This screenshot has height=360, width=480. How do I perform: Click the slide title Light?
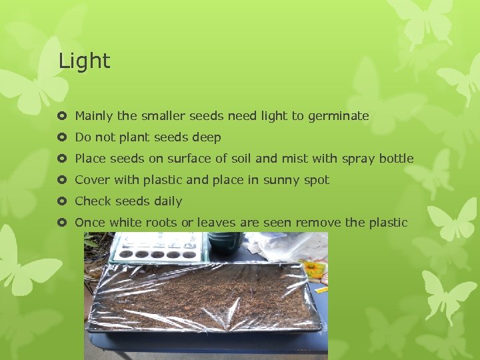(x=84, y=61)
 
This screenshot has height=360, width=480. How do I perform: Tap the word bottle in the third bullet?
(x=396, y=159)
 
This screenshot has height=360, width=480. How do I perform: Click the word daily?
(x=168, y=201)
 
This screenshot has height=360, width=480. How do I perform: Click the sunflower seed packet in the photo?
(x=316, y=271)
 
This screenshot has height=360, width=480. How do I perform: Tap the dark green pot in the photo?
(x=225, y=241)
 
